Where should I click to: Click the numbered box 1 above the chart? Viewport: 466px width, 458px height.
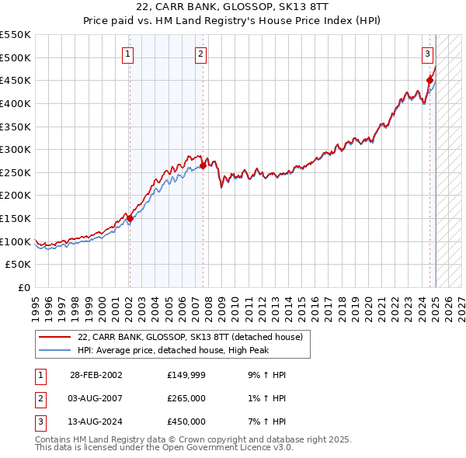coord(127,54)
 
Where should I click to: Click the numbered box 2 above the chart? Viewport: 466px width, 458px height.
coord(200,54)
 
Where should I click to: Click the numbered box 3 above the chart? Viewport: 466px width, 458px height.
coord(428,54)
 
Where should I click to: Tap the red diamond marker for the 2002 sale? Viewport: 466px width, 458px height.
coord(130,218)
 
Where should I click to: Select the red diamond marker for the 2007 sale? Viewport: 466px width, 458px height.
coord(203,165)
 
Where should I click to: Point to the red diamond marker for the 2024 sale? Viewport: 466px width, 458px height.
coord(429,79)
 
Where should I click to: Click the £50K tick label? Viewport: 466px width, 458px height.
coord(19,265)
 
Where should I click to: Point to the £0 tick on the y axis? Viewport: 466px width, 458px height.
coord(25,288)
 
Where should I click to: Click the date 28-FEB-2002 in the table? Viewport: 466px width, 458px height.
coord(96,375)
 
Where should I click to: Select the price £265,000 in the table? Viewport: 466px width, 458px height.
coord(186,398)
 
